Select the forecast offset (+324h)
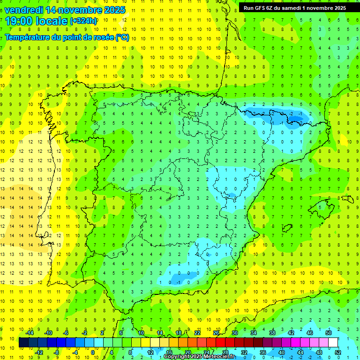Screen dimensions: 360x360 pyautogui.click(x=83, y=21)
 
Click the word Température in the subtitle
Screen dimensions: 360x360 pyautogui.click(x=27, y=37)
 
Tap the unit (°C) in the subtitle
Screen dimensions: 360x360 pyautogui.click(x=122, y=37)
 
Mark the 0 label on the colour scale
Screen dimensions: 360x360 pyautogui.click(x=92, y=352)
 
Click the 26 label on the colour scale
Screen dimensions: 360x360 pyautogui.click(x=216, y=332)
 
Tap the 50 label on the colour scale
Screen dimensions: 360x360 pyautogui.click(x=328, y=332)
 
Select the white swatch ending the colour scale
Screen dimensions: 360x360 pyautogui.click(x=333, y=343)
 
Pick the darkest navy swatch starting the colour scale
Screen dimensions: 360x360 pyautogui.click(x=23, y=343)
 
